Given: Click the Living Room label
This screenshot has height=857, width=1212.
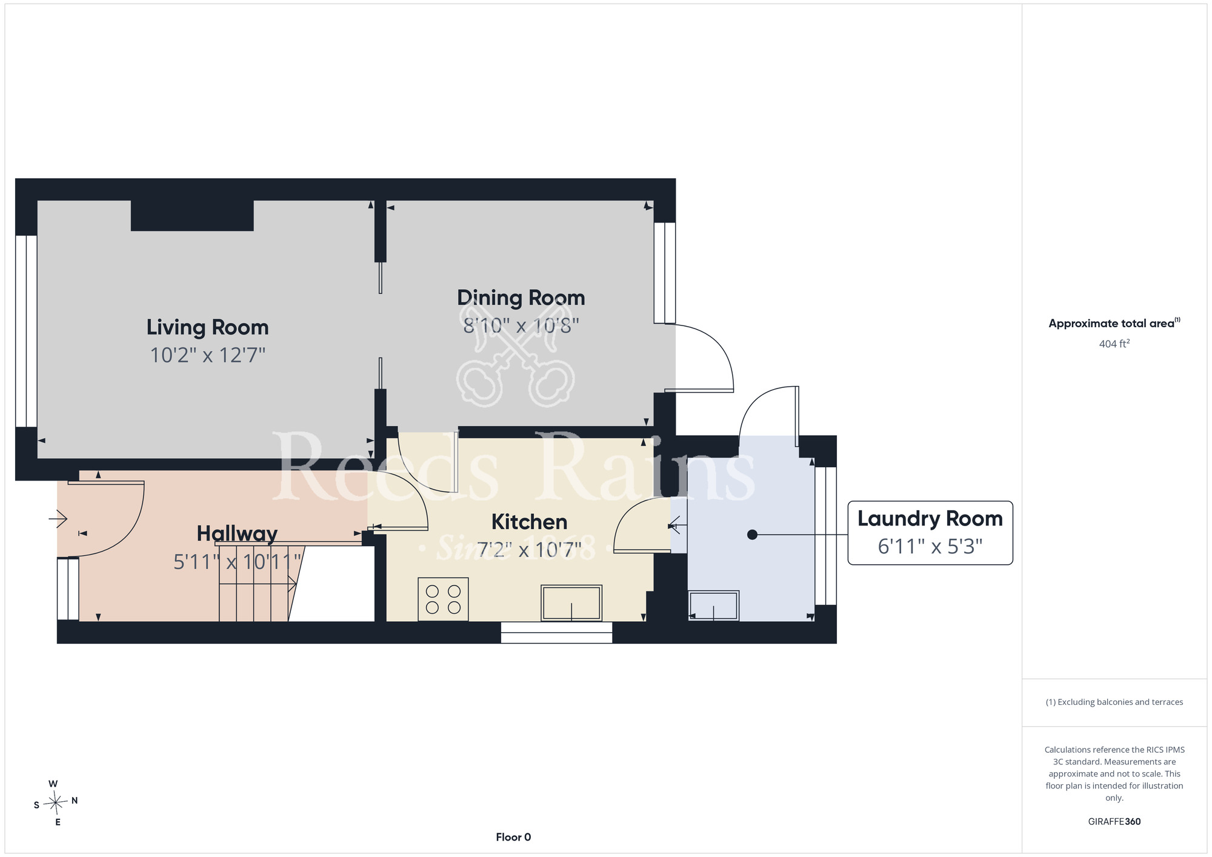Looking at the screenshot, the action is coord(207,328).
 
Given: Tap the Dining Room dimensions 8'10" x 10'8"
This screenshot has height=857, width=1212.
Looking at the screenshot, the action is coord(521,326).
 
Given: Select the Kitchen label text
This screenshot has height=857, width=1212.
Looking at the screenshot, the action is coord(529,522).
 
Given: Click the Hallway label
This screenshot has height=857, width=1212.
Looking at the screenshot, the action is coord(237,534).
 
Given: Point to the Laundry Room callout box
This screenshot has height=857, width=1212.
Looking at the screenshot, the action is coord(930,533).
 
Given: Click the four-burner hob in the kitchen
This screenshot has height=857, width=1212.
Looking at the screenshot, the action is coord(443,599).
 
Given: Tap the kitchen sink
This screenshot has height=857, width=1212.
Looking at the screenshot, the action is coord(571,603).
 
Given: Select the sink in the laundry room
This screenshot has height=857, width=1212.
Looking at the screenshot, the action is coord(714,605).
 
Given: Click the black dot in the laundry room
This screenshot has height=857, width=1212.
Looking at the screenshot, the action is coord(752,535).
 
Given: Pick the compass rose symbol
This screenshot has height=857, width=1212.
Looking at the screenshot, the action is coord(56,804).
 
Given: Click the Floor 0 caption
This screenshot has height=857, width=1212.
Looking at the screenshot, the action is coord(513,837).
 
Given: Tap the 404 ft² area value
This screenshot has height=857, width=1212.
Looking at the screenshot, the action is coord(1114,344).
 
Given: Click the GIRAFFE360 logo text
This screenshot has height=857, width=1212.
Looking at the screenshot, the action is coord(1114,822).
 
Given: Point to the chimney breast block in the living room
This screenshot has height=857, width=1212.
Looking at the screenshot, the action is coord(192,215).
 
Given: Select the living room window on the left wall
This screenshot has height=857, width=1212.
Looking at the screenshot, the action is coord(26,331).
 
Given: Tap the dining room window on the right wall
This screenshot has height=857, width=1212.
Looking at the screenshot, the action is coord(664,273).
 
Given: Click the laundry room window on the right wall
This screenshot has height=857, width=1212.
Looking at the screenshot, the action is coord(825,536).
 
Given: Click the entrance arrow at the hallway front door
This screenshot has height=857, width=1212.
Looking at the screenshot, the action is coord(58,519).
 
